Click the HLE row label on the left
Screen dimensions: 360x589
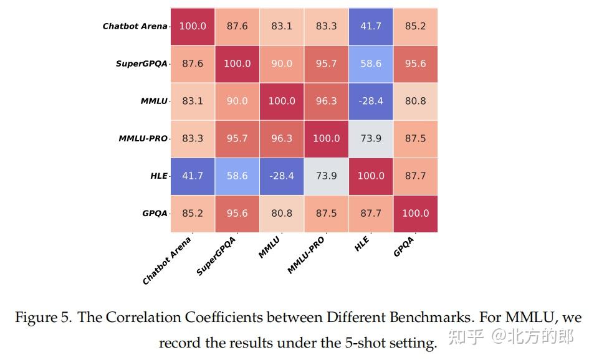[159, 176]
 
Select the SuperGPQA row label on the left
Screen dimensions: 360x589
[141, 64]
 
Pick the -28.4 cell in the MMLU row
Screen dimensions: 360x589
[371, 101]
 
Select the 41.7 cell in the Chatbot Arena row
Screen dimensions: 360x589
[371, 26]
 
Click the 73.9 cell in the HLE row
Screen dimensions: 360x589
[326, 176]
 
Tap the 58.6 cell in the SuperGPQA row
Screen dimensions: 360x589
[371, 64]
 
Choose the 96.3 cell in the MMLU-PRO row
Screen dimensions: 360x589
[282, 138]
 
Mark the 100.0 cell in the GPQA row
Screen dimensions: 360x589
[415, 213]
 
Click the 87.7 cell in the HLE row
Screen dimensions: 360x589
[415, 176]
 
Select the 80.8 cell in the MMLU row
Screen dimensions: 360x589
[415, 101]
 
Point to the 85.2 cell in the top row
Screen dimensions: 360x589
[415, 26]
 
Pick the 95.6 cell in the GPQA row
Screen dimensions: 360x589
[237, 213]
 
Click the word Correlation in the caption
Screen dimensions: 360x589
[138, 318]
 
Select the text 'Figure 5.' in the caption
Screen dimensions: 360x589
[43, 318]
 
